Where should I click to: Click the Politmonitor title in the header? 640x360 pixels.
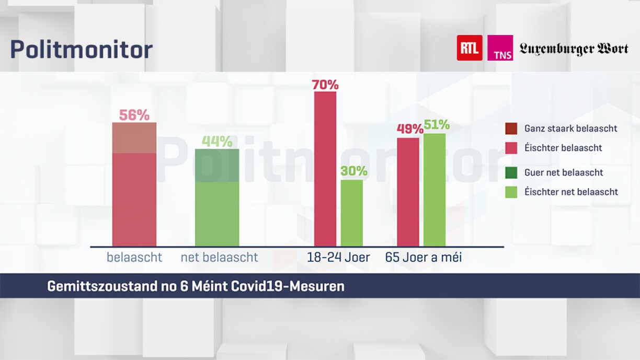click(81, 50)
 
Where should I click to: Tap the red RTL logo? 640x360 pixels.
click(469, 48)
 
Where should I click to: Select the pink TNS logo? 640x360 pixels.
click(500, 48)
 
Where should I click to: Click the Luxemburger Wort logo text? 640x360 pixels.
click(574, 49)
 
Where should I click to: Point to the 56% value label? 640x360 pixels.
click(134, 115)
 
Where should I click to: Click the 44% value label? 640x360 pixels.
click(217, 142)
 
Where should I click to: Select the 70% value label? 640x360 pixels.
click(325, 84)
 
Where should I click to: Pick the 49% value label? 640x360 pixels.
click(409, 129)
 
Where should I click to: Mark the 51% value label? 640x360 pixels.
click(436, 125)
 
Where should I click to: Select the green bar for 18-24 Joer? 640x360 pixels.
click(352, 213)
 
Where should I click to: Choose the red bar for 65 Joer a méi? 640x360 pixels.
click(408, 192)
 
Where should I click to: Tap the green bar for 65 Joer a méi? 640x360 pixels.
click(435, 190)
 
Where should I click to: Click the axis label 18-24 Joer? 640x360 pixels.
click(338, 258)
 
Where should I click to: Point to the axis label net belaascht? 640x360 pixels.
click(219, 258)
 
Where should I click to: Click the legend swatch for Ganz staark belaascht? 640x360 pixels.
click(511, 129)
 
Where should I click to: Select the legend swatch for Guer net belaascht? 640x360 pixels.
click(511, 173)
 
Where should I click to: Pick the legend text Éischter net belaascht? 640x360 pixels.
click(571, 192)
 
